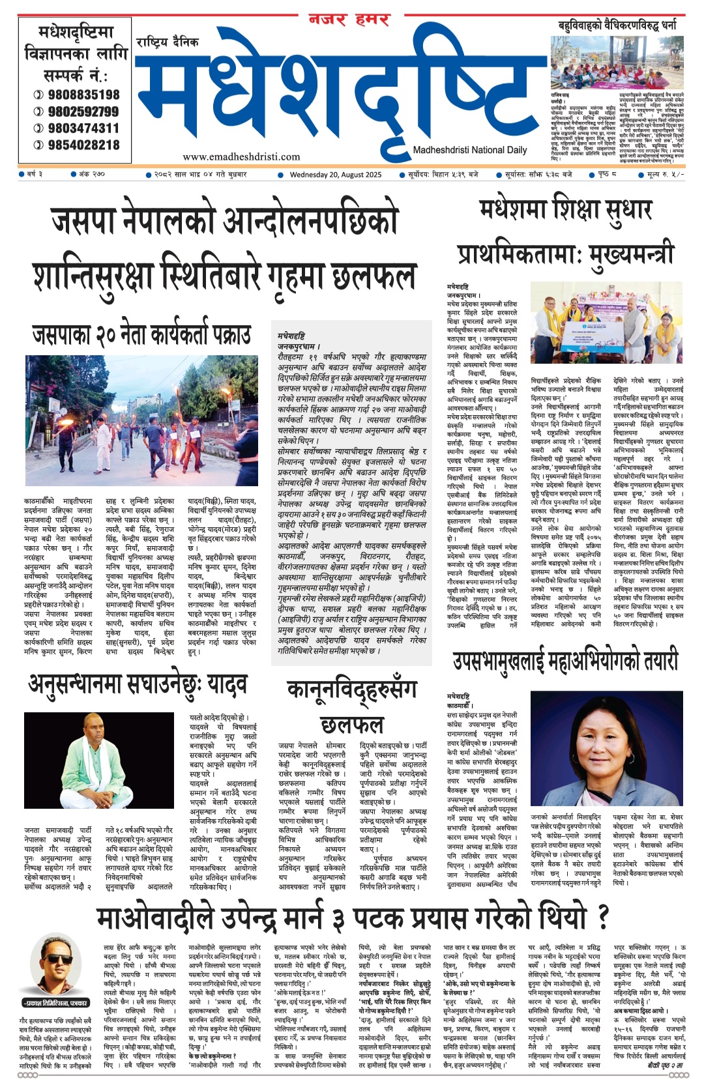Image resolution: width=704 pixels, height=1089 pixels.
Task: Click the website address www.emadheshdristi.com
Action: coord(241,156)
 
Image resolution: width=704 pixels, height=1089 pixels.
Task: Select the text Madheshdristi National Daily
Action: coord(469,150)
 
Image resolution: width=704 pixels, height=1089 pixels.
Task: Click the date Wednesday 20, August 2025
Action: coord(335,175)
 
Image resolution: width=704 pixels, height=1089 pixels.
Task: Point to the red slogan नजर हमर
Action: coord(349,20)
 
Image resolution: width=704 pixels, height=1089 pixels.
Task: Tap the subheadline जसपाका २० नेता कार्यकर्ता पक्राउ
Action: coord(141,335)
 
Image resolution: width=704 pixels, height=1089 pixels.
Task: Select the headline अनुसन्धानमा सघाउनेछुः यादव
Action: coord(138,684)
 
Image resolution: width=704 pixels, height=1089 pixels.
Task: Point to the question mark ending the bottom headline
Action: coord(602,918)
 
